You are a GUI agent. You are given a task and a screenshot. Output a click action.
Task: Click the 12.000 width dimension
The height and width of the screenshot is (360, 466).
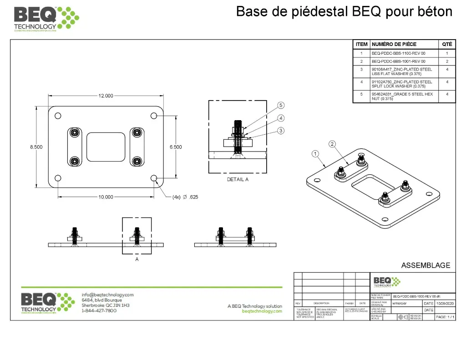[106, 96]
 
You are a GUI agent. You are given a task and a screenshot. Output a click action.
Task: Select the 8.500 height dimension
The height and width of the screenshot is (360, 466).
[36, 147]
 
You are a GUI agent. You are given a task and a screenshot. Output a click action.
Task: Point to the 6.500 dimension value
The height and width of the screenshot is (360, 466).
[175, 147]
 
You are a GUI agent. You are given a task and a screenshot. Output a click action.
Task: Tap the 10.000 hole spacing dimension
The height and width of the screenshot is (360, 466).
[106, 197]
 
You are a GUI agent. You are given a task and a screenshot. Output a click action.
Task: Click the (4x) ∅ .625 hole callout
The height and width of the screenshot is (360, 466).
[185, 197]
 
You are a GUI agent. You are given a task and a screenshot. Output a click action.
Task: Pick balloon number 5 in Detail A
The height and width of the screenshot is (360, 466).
[281, 105]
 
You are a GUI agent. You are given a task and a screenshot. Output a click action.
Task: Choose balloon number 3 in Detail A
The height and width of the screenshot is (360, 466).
[281, 131]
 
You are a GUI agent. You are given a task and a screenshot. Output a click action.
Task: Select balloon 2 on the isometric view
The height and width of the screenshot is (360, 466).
[333, 144]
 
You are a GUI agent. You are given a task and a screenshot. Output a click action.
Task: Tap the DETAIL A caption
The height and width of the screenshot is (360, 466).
[238, 179]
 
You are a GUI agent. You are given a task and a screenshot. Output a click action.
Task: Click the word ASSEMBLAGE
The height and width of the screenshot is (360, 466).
[425, 265]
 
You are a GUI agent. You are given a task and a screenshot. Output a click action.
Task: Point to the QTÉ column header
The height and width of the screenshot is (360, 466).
[447, 44]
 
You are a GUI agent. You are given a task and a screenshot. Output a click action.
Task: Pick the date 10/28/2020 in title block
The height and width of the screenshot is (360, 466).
[445, 303]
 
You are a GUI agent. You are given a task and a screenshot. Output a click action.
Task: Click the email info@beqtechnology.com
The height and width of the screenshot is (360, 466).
[107, 294]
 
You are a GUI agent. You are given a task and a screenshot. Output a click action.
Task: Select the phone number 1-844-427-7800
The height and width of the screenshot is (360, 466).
[99, 311]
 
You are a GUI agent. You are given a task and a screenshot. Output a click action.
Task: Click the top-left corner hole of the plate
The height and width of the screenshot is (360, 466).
[58, 116]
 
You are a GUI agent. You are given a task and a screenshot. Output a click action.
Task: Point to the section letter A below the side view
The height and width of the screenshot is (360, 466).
[137, 259]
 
